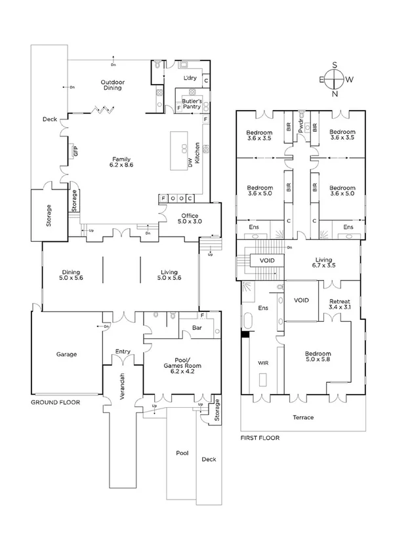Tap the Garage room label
click(66, 354)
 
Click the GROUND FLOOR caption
click(56, 402)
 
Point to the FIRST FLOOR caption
click(261, 437)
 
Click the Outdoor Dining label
click(113, 85)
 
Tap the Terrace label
click(302, 417)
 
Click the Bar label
click(196, 327)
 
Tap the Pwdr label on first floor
click(301, 129)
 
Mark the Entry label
click(123, 351)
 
